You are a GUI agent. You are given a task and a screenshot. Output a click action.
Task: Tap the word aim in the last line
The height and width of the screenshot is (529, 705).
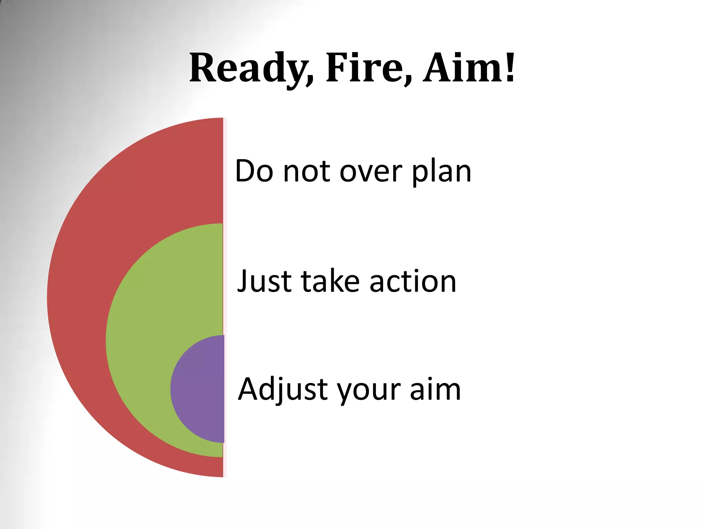coord(435,389)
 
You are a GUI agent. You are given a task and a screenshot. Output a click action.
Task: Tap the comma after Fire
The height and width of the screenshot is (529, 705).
coord(408,81)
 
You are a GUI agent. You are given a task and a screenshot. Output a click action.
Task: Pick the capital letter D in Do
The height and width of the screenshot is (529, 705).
coord(245,171)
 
